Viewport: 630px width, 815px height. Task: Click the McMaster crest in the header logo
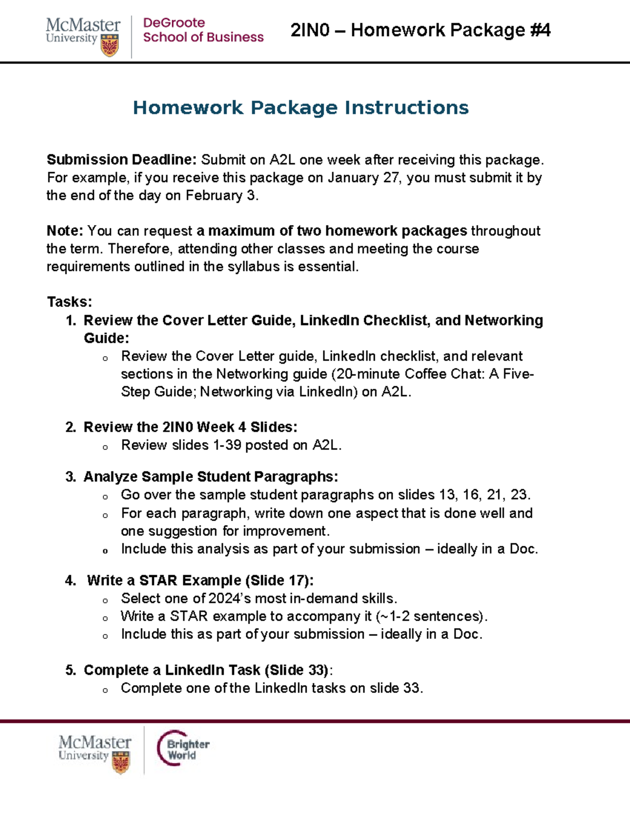click(x=109, y=46)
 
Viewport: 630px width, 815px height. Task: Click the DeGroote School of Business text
click(x=203, y=30)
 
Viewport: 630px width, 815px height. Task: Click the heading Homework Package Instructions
click(x=300, y=108)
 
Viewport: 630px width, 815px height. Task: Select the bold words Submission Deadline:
click(x=122, y=160)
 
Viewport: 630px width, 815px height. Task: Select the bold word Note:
click(x=65, y=231)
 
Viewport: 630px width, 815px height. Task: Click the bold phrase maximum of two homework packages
click(x=338, y=231)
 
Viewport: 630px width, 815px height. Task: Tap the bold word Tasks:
click(x=69, y=302)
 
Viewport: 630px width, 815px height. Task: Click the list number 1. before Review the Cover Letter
click(x=71, y=320)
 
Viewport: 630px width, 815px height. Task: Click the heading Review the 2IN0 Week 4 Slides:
click(x=190, y=427)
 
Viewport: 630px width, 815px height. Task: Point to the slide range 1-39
click(x=227, y=445)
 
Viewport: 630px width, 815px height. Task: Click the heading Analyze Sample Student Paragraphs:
click(x=211, y=477)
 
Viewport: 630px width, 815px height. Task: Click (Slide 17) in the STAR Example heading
click(x=279, y=580)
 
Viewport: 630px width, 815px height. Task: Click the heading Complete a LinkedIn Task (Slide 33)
click(x=206, y=670)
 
